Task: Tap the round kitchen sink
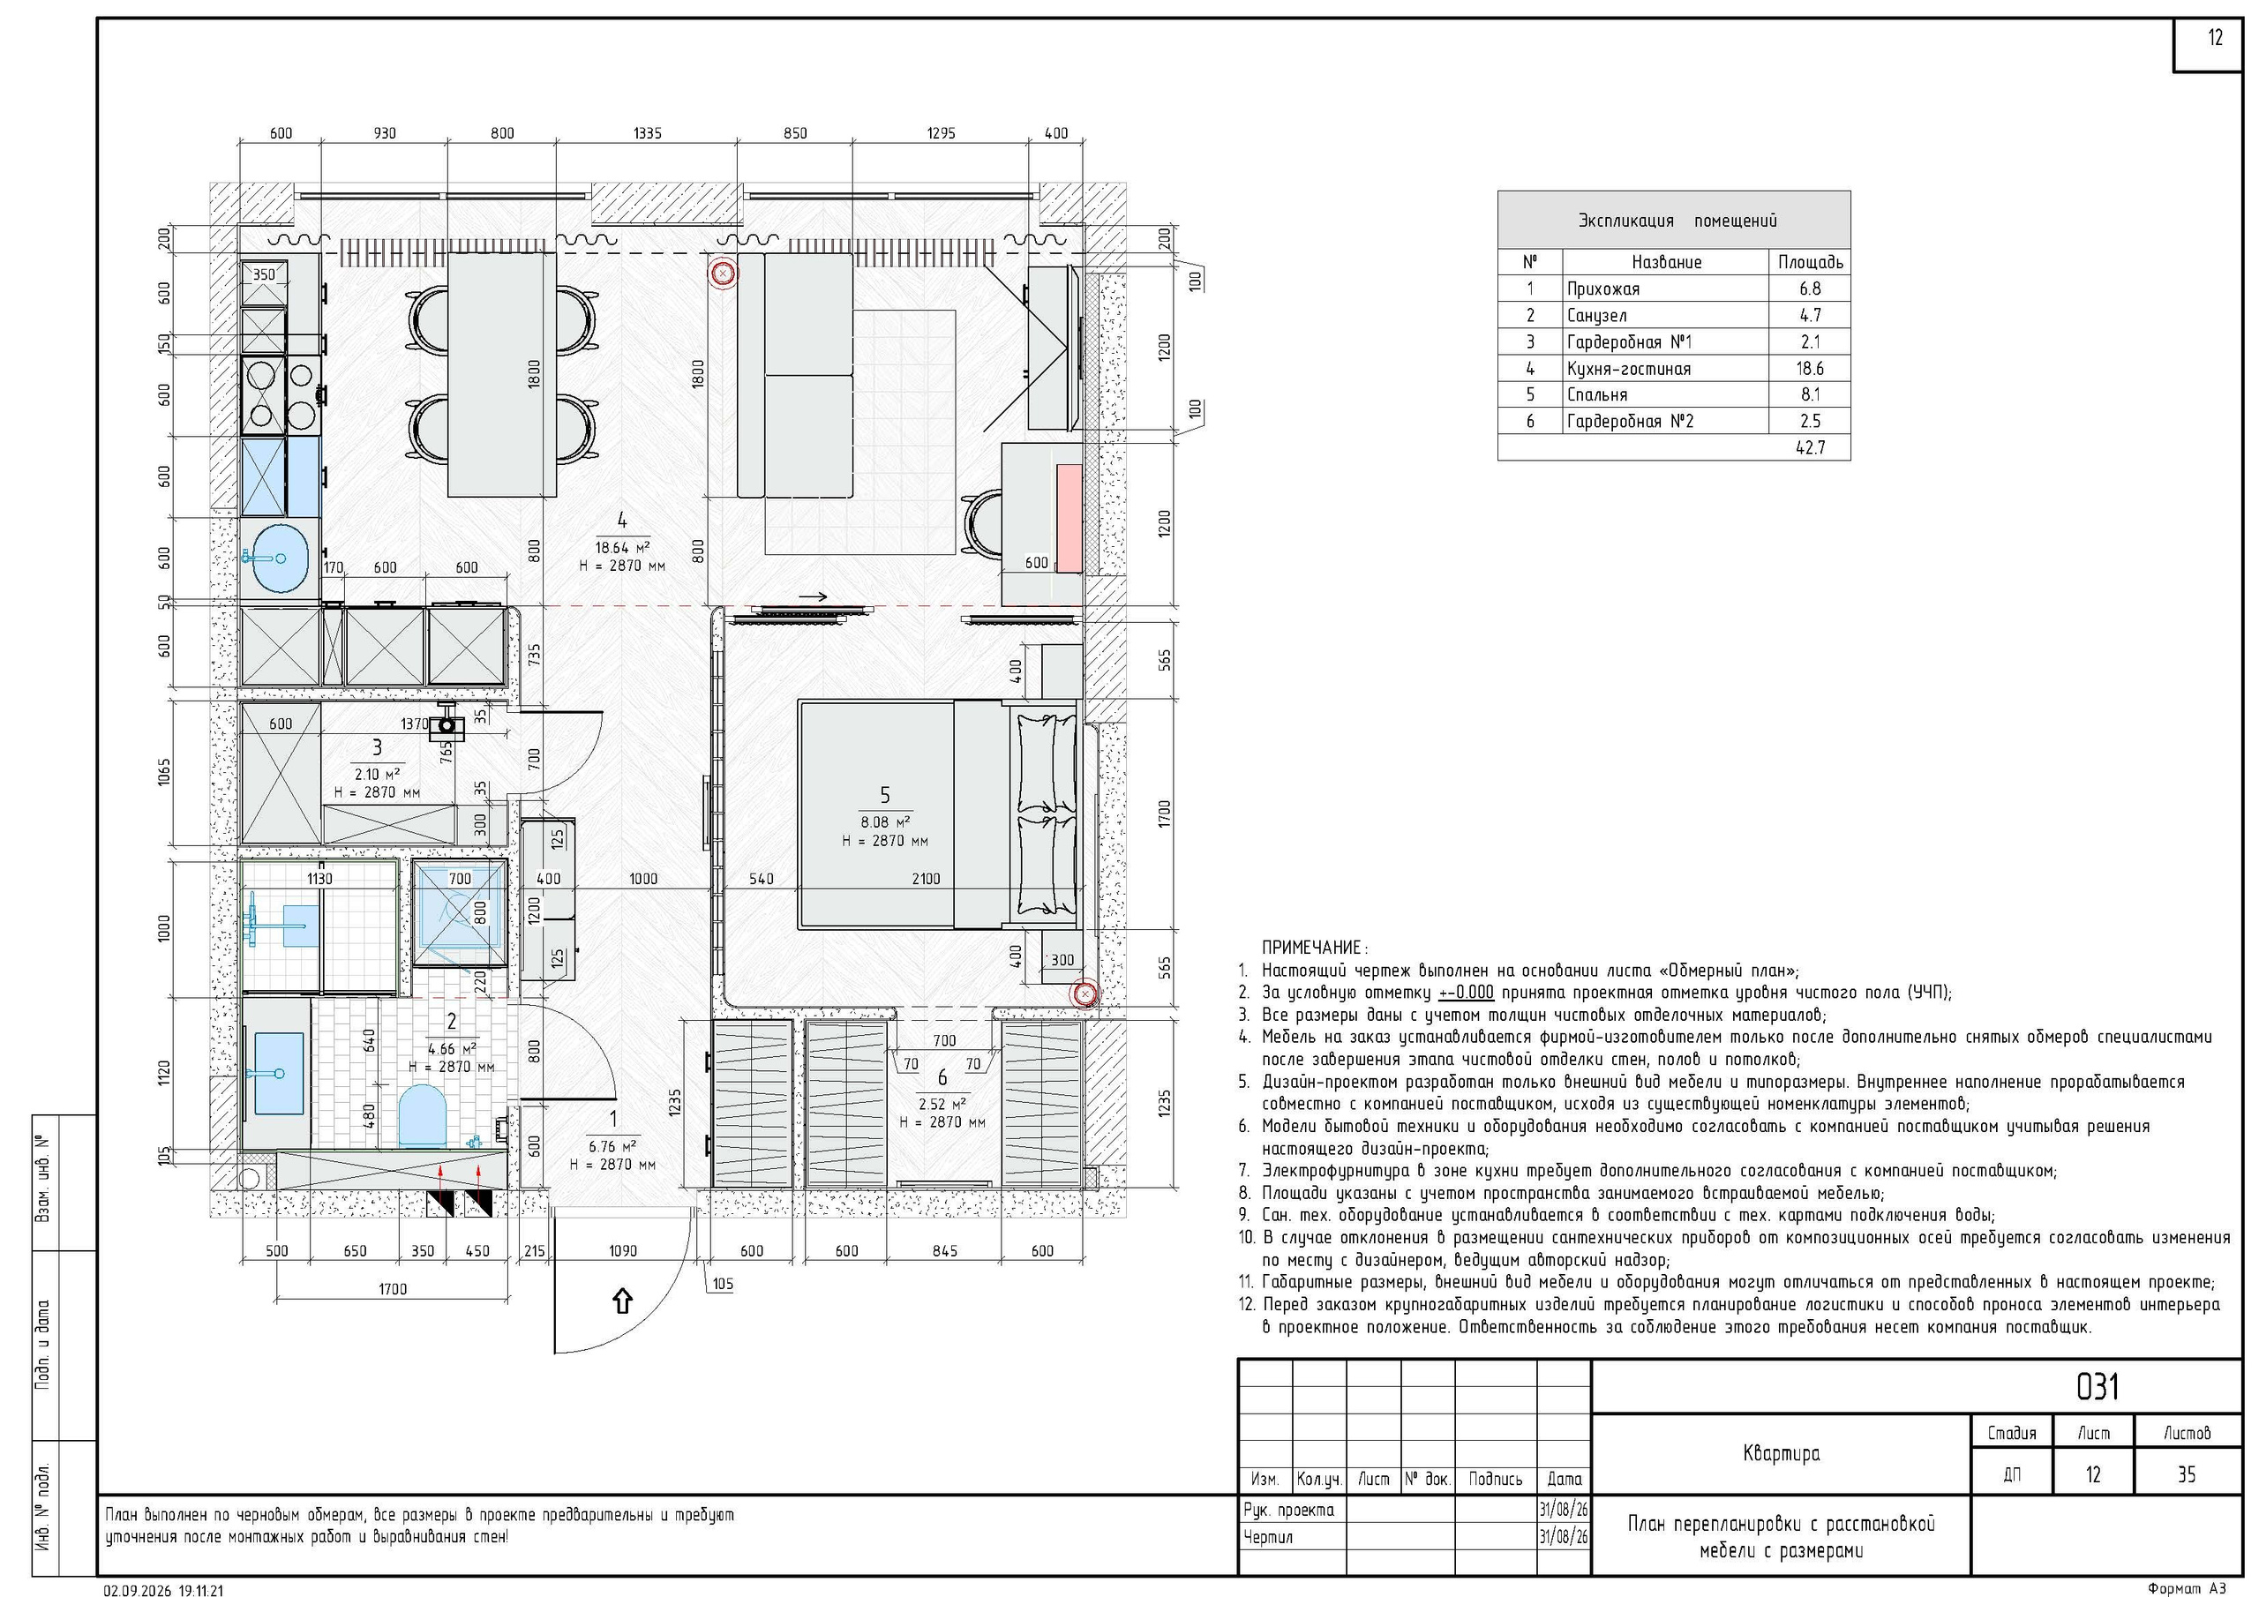pyautogui.click(x=280, y=558)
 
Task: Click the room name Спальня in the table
pyautogui.click(x=1597, y=394)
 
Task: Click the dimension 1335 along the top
pyautogui.click(x=648, y=133)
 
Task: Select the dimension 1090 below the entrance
pyautogui.click(x=623, y=1250)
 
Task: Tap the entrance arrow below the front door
pyautogui.click(x=622, y=1301)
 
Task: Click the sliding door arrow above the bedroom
pyautogui.click(x=813, y=596)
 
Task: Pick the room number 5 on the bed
pyautogui.click(x=884, y=795)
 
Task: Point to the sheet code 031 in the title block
pyautogui.click(x=2097, y=1386)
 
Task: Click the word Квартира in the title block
pyautogui.click(x=1781, y=1453)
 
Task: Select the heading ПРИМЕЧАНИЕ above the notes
pyautogui.click(x=1312, y=948)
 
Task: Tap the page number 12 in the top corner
pyautogui.click(x=2215, y=38)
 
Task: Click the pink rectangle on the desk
pyautogui.click(x=1069, y=519)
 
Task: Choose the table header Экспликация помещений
pyautogui.click(x=1677, y=221)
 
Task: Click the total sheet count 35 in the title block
pyautogui.click(x=2186, y=1474)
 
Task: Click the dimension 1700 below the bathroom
pyautogui.click(x=392, y=1288)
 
